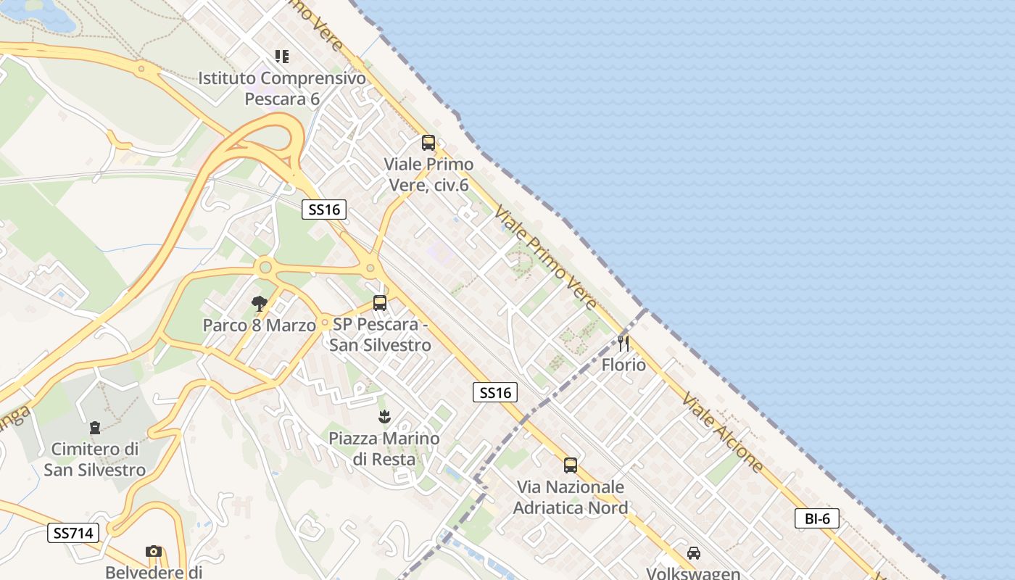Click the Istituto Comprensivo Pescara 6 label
click(x=282, y=88)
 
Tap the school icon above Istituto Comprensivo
click(x=282, y=57)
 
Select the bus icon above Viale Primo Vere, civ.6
click(x=428, y=143)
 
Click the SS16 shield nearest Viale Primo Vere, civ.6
click(x=324, y=210)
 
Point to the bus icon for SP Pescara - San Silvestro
click(x=380, y=303)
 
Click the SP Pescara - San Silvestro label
click(x=380, y=334)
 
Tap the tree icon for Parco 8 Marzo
click(x=259, y=304)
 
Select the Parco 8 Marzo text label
click(x=259, y=325)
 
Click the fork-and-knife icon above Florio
click(x=623, y=343)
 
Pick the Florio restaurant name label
click(x=623, y=365)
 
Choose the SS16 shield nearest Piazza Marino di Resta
click(x=496, y=393)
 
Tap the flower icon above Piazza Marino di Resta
click(x=384, y=417)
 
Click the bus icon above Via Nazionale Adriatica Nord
click(x=571, y=465)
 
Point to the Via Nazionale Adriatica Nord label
click(x=571, y=497)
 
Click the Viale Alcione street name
click(x=723, y=432)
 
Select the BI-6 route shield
click(x=817, y=518)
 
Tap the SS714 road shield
click(x=73, y=533)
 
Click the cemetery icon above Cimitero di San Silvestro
click(x=95, y=428)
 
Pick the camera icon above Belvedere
click(x=153, y=552)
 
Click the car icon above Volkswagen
click(x=694, y=553)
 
